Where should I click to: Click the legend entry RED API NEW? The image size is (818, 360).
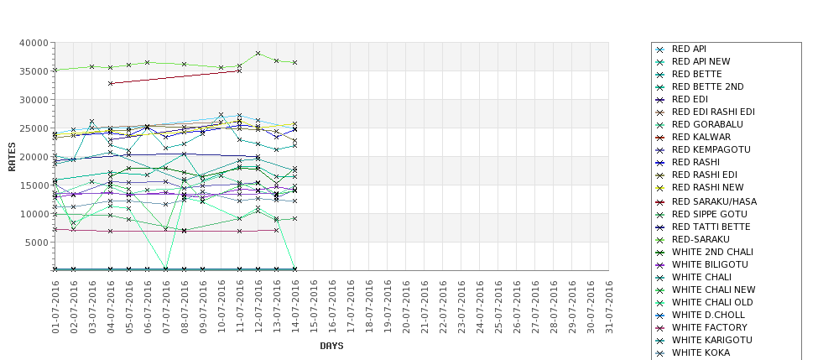click(701, 61)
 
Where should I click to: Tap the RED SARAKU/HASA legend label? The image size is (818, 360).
click(714, 201)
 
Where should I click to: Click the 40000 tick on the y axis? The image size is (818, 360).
click(34, 43)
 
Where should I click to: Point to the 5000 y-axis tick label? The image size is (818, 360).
click(37, 243)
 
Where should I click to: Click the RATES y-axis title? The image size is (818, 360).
click(12, 156)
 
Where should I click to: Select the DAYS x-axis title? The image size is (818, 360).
click(331, 346)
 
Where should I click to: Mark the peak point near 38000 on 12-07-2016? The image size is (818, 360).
click(258, 53)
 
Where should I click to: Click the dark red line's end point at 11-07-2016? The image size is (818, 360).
click(239, 70)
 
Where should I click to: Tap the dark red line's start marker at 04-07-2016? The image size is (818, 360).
click(111, 83)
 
